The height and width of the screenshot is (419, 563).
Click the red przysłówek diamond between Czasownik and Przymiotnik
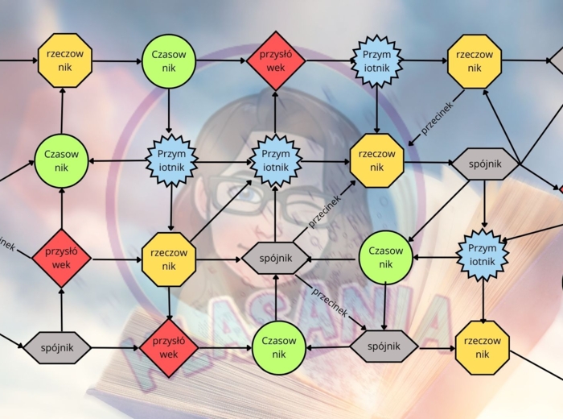click(x=275, y=60)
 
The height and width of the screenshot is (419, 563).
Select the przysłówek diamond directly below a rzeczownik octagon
click(x=169, y=347)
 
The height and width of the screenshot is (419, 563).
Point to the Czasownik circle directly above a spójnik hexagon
click(x=385, y=257)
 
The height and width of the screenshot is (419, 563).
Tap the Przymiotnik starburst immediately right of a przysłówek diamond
click(x=376, y=60)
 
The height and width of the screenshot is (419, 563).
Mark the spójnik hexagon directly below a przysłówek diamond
click(x=61, y=347)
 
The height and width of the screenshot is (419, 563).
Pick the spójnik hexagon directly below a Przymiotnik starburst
click(x=275, y=258)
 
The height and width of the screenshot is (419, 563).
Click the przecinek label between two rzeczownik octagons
click(x=437, y=118)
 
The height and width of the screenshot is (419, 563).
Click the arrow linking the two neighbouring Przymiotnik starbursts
click(x=224, y=161)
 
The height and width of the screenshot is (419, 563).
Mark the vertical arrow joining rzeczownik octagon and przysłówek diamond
click(x=169, y=303)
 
